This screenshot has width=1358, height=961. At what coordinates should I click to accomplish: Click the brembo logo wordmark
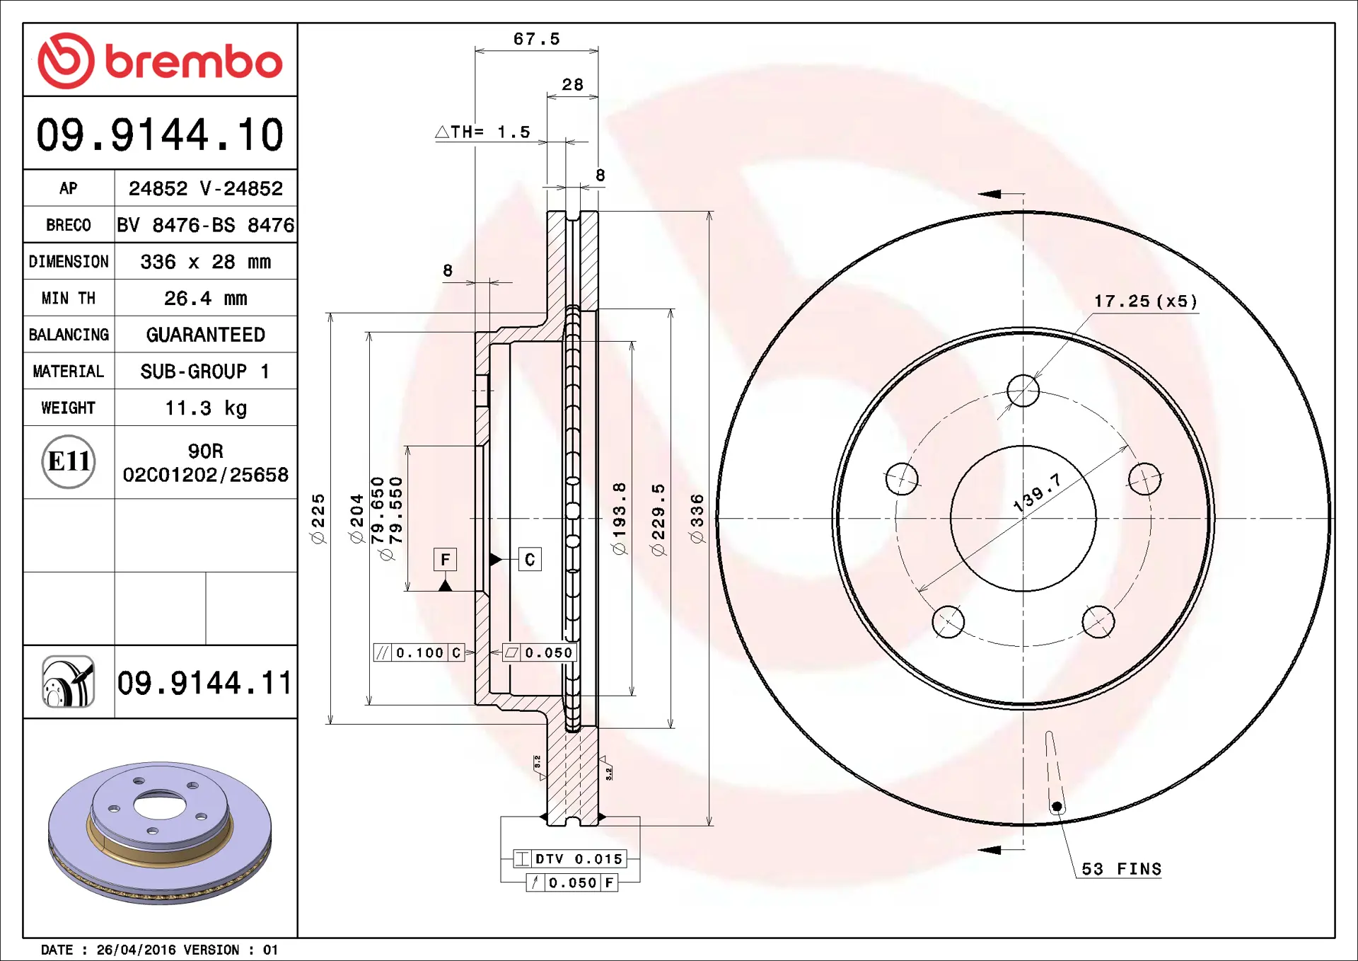pos(194,62)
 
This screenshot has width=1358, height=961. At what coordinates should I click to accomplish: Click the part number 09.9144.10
pos(160,134)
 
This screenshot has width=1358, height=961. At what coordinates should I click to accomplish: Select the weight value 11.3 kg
pos(206,408)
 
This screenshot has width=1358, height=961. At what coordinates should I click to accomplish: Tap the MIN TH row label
pos(69,298)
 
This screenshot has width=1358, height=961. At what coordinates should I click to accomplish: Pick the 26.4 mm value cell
pos(206,298)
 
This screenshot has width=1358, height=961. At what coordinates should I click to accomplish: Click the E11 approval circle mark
pos(69,461)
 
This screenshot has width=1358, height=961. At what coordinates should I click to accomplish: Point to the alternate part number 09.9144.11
pos(204,683)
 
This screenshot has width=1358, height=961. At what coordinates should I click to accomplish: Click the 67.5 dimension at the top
pos(537,39)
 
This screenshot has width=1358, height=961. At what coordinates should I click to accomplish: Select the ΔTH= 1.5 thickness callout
pos(482,132)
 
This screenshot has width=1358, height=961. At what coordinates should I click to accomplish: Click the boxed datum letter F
pos(445,560)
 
